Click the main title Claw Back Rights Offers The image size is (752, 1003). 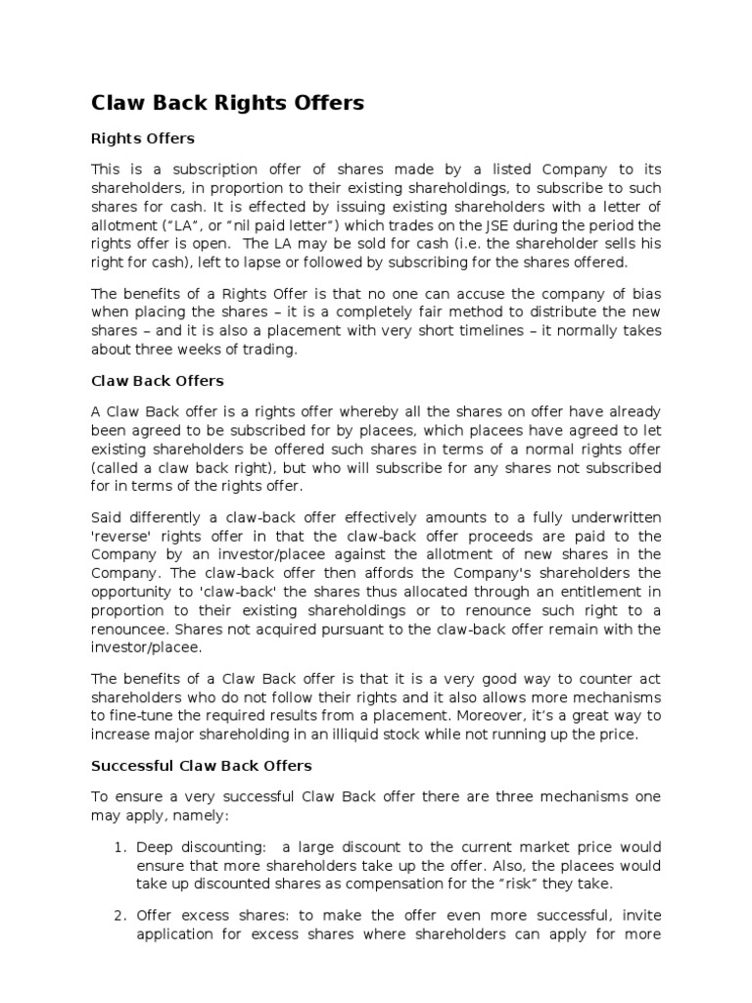coord(227,102)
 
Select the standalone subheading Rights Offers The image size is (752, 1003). coord(142,138)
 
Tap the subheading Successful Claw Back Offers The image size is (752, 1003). coord(202,765)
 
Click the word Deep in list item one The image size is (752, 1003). coord(155,846)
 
